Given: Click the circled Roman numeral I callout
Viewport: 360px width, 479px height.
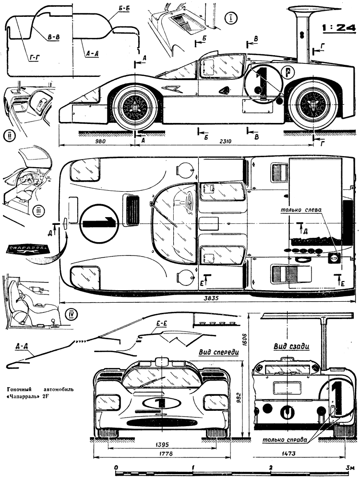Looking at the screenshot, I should [x=232, y=19].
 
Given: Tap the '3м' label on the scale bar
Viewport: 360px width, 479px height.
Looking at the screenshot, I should [x=351, y=467].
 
